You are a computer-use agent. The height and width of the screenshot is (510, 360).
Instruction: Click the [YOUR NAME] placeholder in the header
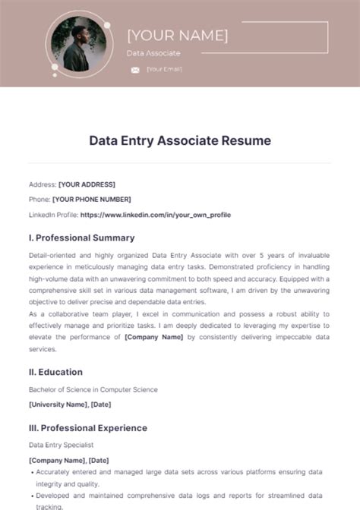(x=177, y=35)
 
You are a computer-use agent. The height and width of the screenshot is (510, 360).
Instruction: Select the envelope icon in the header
(x=135, y=70)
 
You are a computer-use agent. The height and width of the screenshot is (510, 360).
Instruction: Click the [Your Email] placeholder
(x=164, y=70)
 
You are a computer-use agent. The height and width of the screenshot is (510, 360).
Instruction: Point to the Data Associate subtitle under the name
(x=153, y=53)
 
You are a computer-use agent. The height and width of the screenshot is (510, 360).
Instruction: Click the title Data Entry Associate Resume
(x=180, y=140)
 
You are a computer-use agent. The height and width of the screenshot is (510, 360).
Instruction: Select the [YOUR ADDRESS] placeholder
(x=87, y=184)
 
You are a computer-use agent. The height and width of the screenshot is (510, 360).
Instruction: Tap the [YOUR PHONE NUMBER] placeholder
(x=91, y=200)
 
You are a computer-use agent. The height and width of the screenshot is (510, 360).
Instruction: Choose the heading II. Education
(x=55, y=372)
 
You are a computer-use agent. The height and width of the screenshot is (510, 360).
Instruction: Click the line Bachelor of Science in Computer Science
(x=93, y=389)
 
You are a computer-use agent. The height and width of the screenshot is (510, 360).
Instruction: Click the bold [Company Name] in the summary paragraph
(x=154, y=336)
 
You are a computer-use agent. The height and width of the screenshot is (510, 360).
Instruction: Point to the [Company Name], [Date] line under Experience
(x=68, y=460)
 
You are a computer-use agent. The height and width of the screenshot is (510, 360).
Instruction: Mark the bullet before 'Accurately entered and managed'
(x=32, y=471)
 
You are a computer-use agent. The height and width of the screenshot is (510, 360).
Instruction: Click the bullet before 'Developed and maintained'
(x=32, y=494)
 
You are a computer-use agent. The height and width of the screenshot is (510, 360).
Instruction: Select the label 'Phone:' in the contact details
(x=39, y=200)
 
